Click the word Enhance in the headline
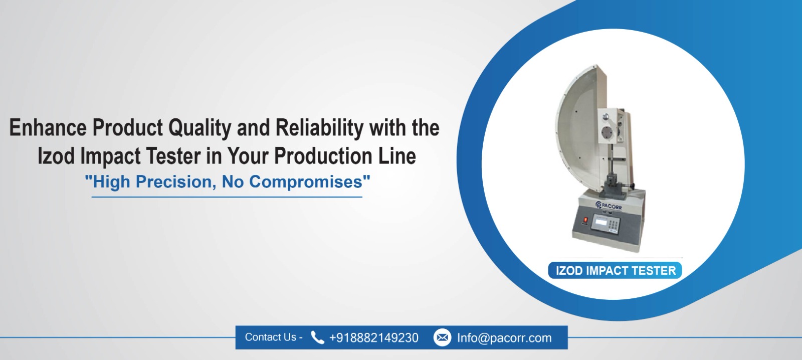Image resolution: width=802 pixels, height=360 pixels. tap(48, 128)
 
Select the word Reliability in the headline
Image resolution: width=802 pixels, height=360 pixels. tap(319, 128)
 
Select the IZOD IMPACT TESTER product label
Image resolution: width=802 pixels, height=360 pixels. tap(615, 271)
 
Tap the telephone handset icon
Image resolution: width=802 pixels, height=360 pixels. tap(317, 337)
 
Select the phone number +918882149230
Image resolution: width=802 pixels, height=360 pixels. tap(373, 338)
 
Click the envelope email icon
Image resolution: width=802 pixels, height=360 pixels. tap(442, 337)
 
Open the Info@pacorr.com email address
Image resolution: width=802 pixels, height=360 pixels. tap(504, 338)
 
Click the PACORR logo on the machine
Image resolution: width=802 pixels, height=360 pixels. tap(608, 205)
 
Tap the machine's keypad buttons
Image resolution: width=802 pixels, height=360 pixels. tap(613, 225)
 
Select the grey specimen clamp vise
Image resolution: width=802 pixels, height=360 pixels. tap(613, 187)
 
